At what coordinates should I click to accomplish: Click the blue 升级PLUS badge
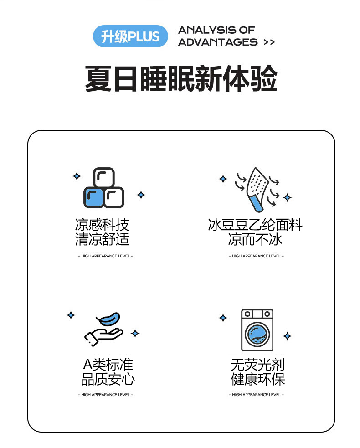point(130,36)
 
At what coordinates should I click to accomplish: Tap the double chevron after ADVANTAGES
point(269,42)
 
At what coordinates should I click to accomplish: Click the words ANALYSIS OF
point(216,30)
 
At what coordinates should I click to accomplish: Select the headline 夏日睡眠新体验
point(181,78)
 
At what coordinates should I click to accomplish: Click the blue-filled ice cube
point(93,197)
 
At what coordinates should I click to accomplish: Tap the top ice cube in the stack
point(104,177)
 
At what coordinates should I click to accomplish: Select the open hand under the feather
point(103,336)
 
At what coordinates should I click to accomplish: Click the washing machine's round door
point(257,334)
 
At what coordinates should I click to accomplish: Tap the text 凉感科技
point(102,225)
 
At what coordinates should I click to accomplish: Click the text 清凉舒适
point(102,239)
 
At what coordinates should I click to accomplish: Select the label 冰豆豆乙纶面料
point(255,225)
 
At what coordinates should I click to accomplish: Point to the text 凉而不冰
point(255,239)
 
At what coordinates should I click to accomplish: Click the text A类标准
point(108,365)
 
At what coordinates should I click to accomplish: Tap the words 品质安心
point(108,379)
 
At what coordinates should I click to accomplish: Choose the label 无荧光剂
point(258,365)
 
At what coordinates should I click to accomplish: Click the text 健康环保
point(258,379)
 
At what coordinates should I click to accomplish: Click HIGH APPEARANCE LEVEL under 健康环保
point(256,395)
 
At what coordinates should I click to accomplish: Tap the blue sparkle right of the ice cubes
point(141,195)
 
